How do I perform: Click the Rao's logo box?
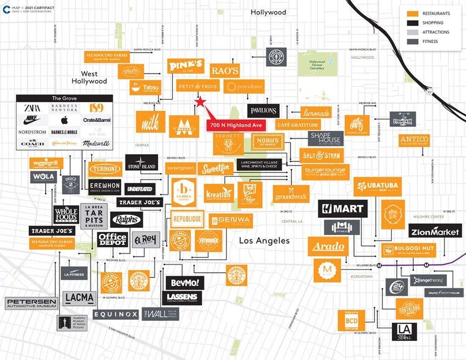point(224,70)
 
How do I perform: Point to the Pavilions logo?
point(263,111)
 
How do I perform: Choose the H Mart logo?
point(342,209)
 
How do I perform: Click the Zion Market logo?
point(434,231)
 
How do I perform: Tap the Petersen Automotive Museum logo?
point(31,303)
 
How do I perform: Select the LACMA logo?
point(78,298)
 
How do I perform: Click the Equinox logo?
point(116,314)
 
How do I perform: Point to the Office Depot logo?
point(112,239)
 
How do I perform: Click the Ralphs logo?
point(126,220)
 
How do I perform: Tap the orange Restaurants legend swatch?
point(413,13)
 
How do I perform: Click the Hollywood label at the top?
point(268,12)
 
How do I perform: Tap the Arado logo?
point(329,247)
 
